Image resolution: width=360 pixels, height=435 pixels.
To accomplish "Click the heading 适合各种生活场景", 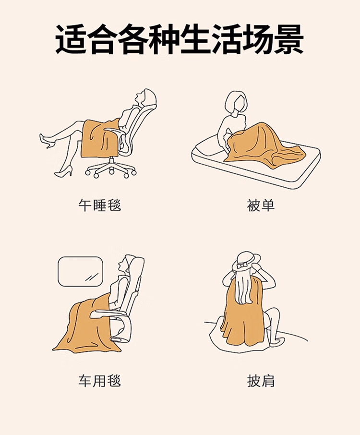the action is click(179, 40).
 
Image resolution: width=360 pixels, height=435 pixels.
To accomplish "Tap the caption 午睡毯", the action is click(99, 205).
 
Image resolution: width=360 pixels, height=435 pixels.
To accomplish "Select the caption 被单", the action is click(261, 205).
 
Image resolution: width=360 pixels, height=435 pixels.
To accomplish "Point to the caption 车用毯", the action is click(99, 381).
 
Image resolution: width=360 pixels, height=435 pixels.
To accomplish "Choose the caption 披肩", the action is click(261, 381).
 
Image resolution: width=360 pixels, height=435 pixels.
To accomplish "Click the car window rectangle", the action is click(80, 271).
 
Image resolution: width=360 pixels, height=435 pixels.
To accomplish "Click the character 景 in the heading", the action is click(288, 40).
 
